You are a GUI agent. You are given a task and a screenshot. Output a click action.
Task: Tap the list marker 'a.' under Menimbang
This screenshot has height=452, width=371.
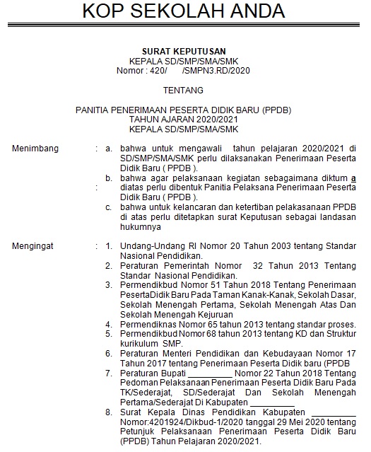[x=108, y=149]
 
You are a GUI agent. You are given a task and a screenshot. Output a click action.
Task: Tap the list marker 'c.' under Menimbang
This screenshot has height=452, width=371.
[x=108, y=207]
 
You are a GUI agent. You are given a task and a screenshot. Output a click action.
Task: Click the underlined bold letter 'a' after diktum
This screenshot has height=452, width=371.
[x=353, y=178]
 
